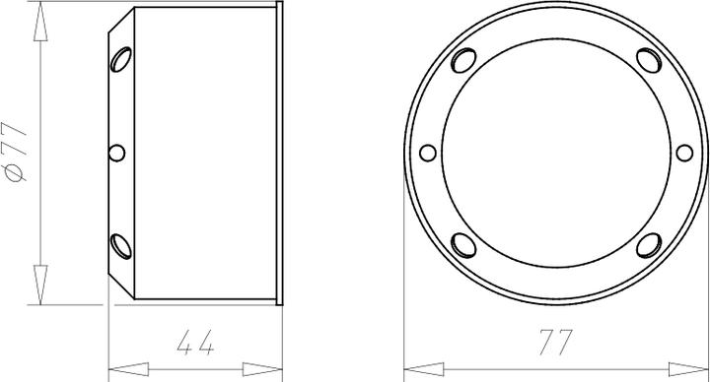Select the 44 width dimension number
coord(195,343)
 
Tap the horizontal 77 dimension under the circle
coord(555,343)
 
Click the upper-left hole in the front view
coord(463,61)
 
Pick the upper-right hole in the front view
coord(649,60)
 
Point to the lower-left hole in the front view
coord(463,245)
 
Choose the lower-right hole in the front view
coord(649,245)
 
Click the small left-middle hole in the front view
coord(428,153)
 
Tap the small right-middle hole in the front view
coord(684,153)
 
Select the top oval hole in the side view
coord(121,59)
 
